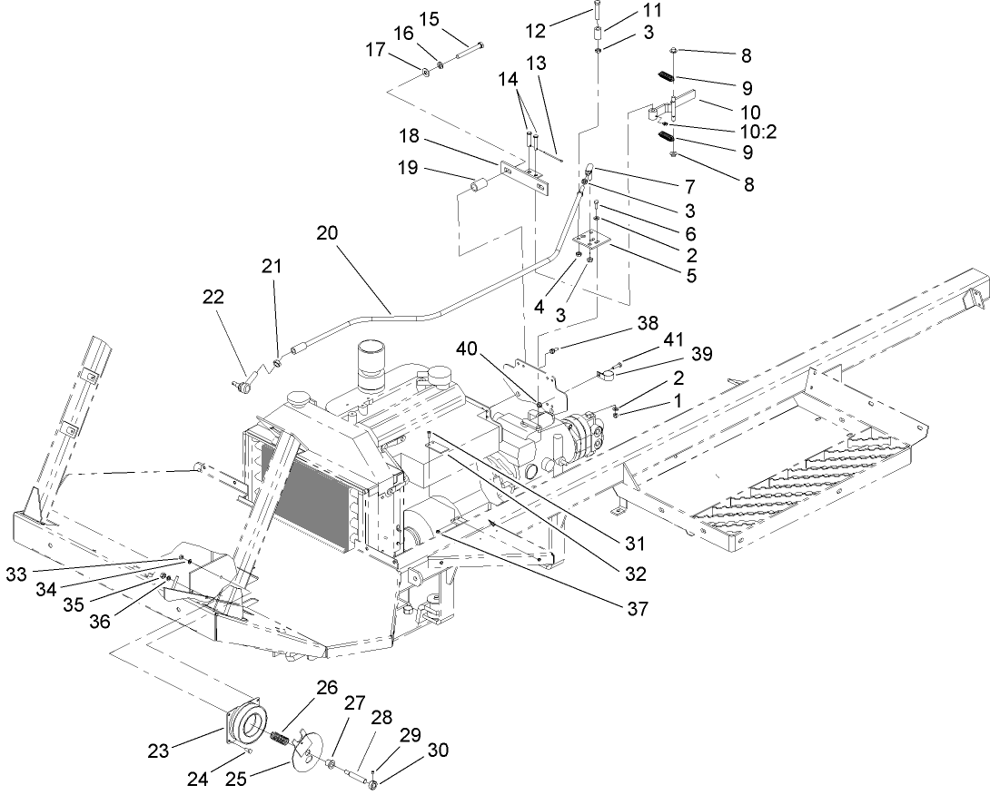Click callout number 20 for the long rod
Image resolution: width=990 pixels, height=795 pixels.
pos(328,233)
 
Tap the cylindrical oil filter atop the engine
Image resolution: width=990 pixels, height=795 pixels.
pos(373,365)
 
